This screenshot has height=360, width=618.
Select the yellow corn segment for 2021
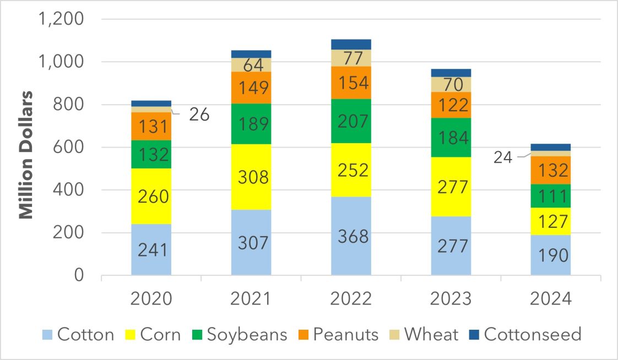(x=251, y=177)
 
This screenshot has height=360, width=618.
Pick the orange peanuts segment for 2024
(x=550, y=171)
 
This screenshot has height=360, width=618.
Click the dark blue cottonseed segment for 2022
(x=351, y=45)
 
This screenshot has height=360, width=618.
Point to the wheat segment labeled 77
(x=351, y=58)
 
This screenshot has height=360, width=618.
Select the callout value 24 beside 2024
(x=502, y=157)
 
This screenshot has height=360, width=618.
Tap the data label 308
(x=251, y=177)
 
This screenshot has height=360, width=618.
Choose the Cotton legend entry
(x=78, y=334)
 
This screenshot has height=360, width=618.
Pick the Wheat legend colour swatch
(x=396, y=335)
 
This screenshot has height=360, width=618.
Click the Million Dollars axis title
(x=26, y=147)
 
